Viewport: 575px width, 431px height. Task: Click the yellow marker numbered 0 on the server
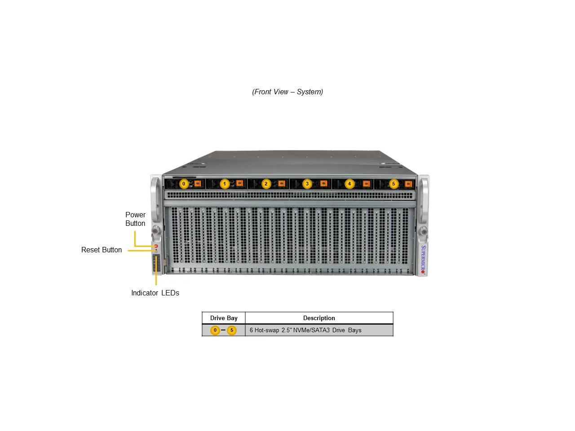point(184,184)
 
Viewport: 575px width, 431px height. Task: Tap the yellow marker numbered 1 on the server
point(225,184)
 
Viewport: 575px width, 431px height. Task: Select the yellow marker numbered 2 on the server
point(266,184)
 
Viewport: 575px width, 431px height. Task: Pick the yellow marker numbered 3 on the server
point(307,184)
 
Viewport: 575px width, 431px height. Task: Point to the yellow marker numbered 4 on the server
point(349,184)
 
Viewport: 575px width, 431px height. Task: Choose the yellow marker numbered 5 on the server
point(394,184)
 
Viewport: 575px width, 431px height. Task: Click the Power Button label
point(135,219)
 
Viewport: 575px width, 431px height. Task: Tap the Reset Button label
point(102,250)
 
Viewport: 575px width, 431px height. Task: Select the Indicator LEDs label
point(155,293)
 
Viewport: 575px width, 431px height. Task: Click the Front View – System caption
point(287,92)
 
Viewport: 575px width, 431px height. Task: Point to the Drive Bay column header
point(224,318)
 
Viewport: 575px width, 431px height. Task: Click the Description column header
point(319,318)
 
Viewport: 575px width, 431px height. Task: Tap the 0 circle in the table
point(215,330)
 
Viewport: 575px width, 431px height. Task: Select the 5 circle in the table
point(232,330)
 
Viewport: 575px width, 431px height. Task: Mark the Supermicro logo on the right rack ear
point(423,259)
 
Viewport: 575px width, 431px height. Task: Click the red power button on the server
point(156,246)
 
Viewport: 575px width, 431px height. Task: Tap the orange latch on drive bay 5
point(408,184)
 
